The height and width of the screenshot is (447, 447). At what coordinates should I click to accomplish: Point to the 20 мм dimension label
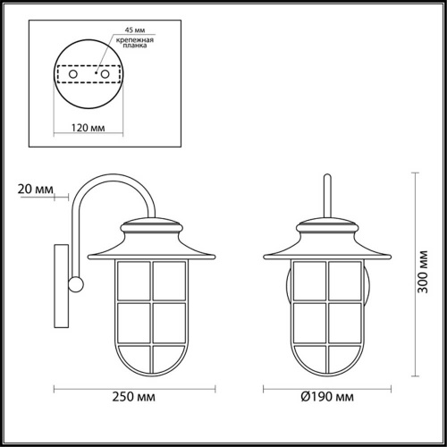35,189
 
